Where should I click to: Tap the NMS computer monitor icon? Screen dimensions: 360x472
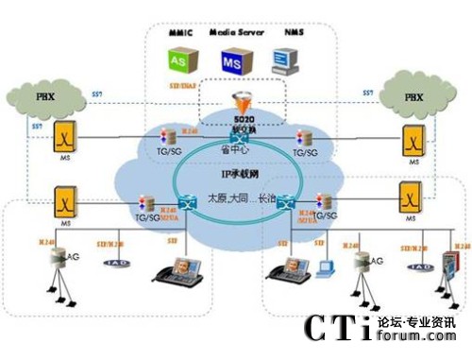pyautogui.click(x=280, y=60)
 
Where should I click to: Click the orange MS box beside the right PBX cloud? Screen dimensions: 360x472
pyautogui.click(x=412, y=141)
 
